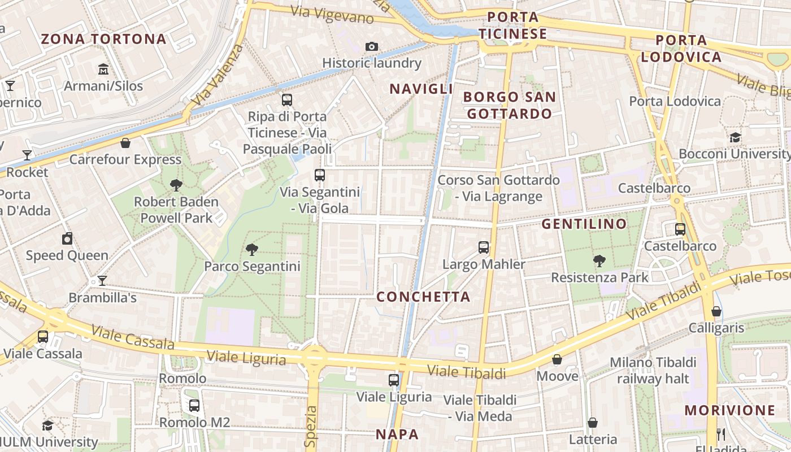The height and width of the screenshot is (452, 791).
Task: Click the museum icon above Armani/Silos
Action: coord(103,69)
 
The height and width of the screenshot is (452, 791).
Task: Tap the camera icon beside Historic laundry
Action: coord(372,46)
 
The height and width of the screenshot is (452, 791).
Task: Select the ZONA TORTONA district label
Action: coord(104,39)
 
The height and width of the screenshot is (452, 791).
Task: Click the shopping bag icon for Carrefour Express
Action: coord(125,143)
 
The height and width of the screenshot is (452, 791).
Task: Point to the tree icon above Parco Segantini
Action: coord(252,249)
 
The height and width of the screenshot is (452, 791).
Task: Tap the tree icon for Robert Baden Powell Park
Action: coord(176,185)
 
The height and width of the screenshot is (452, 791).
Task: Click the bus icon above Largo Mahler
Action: coord(484,247)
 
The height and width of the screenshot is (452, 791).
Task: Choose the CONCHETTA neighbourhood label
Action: coord(423,297)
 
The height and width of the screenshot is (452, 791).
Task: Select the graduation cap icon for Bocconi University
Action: coord(735,137)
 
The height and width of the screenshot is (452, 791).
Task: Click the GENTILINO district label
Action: coord(584,224)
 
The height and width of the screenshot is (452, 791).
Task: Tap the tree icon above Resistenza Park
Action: coord(599,260)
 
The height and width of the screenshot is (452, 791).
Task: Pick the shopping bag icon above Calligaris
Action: coord(716,311)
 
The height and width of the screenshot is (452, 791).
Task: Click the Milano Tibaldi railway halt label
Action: coord(653,370)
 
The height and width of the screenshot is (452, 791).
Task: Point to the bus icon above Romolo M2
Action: coord(194,405)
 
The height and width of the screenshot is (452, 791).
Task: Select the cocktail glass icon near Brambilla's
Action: coord(102,280)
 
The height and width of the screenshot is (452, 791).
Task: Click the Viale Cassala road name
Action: coord(133,337)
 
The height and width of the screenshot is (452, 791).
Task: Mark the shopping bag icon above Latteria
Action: coord(593,423)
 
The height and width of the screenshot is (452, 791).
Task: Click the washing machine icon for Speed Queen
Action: coord(67,238)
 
